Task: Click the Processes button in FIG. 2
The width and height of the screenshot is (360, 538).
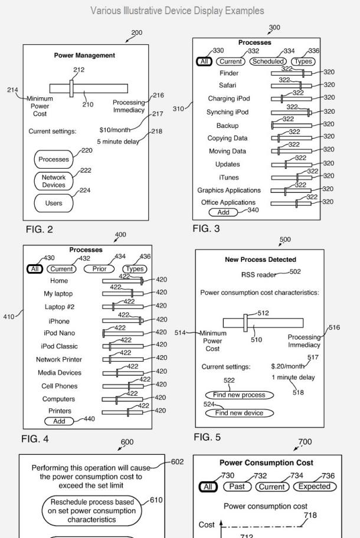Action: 54,159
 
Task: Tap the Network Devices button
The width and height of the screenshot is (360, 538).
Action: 54,181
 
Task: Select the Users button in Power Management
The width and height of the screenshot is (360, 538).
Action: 54,203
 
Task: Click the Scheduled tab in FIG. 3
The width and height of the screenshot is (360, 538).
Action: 268,61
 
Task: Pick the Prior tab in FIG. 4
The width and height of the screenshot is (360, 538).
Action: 99,269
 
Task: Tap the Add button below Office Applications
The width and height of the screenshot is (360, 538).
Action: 224,212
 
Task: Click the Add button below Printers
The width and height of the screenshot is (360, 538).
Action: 59,421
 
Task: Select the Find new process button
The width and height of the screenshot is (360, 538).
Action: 239,395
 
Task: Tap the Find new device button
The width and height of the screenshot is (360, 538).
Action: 239,413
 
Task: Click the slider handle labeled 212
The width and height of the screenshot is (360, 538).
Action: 71,88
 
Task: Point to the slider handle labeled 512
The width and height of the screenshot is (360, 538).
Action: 246,323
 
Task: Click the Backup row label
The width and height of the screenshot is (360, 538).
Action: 228,126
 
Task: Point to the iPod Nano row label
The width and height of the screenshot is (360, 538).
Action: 59,333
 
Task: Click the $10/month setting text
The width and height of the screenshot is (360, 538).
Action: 115,130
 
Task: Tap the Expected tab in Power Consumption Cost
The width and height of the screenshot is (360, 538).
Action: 315,487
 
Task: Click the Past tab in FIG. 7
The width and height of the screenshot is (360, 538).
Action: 237,487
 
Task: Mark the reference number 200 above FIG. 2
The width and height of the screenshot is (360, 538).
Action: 136,32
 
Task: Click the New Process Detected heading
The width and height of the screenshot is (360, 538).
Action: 260,260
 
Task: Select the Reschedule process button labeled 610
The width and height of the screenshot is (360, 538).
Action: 92,510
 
